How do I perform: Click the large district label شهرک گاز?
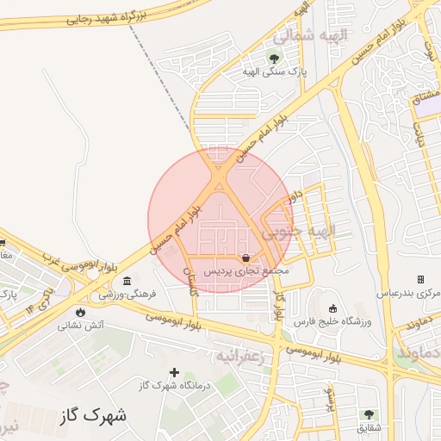tap(93, 415)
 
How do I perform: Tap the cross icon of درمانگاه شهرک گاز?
tap(175, 373)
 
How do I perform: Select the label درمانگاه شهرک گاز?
tap(175, 385)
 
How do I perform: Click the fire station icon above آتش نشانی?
tap(81, 312)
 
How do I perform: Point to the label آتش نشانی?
tap(81, 326)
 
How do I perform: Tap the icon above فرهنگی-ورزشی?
tap(127, 281)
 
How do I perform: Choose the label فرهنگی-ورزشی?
tap(127, 294)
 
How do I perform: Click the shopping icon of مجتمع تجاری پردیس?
tap(247, 258)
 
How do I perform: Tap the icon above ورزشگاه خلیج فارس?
tap(333, 308)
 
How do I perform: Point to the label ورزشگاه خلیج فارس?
tap(332, 321)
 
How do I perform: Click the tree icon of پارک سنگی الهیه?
tap(275, 59)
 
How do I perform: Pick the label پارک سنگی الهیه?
tap(274, 71)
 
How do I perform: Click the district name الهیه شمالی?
tap(309, 37)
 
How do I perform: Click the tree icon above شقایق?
tap(369, 414)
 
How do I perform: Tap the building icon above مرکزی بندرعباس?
tap(420, 280)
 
